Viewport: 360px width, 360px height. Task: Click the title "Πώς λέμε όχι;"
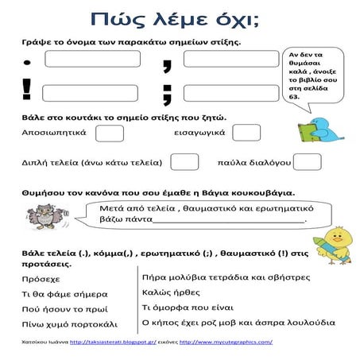pyautogui.click(x=179, y=20)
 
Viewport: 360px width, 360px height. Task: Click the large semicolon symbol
pyautogui.click(x=168, y=91)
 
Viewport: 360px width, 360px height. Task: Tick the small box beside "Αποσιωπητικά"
pyautogui.click(x=109, y=133)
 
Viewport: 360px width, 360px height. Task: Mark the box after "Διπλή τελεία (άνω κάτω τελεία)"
pyautogui.click(x=184, y=162)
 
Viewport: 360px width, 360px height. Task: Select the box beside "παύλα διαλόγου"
pyautogui.click(x=308, y=162)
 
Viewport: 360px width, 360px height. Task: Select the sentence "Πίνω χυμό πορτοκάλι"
pyautogui.click(x=69, y=324)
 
